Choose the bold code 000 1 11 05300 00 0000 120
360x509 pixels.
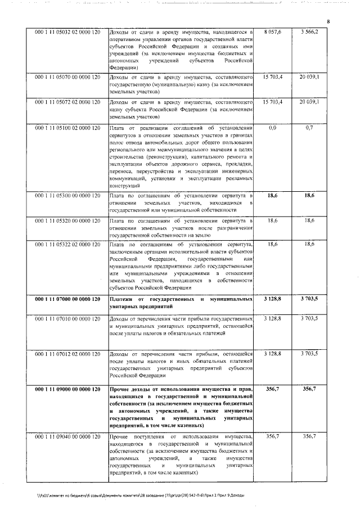[67, 195]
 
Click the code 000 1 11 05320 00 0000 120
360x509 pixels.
[67, 220]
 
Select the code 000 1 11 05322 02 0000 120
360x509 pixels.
[67, 245]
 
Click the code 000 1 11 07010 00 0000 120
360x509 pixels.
[67, 319]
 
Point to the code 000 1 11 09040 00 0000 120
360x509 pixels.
[67, 436]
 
